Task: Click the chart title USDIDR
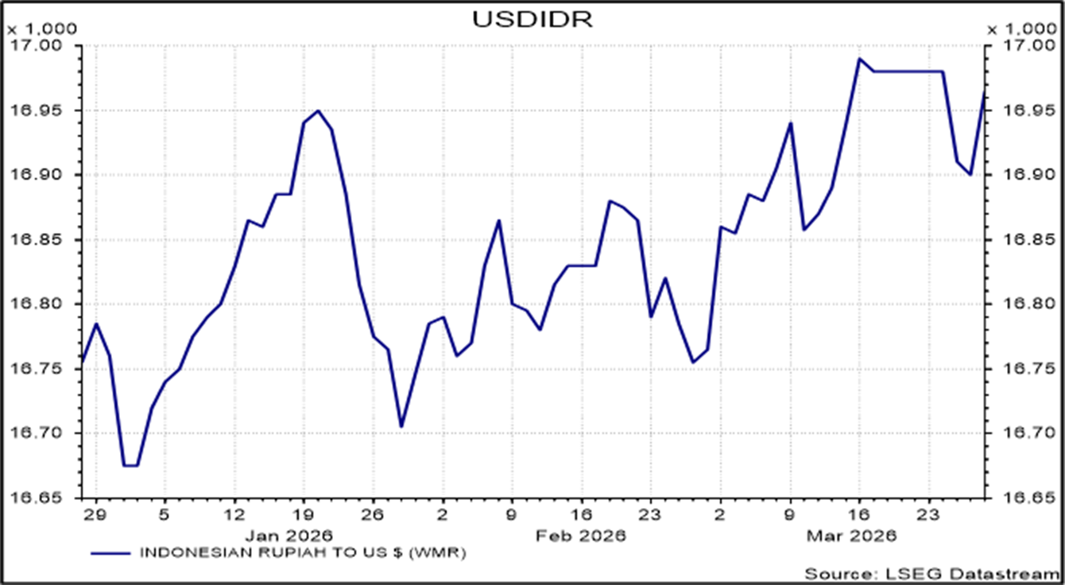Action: [532, 19]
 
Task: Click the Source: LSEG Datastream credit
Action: [931, 574]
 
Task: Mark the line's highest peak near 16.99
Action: [859, 59]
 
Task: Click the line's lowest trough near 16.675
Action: [130, 466]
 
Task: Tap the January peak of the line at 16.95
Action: [318, 110]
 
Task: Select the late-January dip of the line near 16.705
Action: [401, 427]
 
